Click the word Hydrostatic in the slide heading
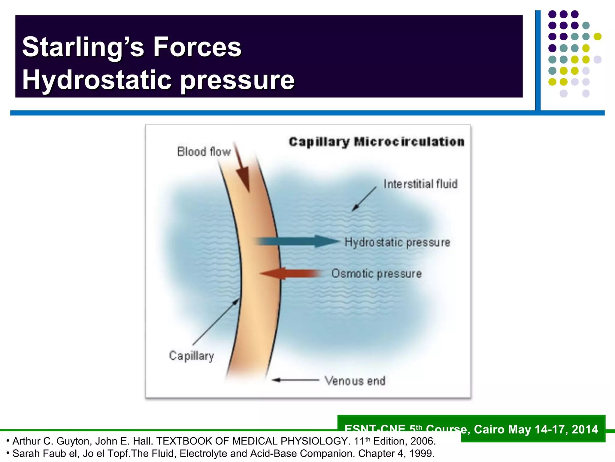point(96,80)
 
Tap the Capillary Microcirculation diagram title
point(377,142)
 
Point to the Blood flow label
point(204,152)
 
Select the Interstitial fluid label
point(420,184)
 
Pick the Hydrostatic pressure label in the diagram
point(397,242)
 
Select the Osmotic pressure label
point(376,274)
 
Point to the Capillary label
point(191,356)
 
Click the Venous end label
point(355,381)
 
